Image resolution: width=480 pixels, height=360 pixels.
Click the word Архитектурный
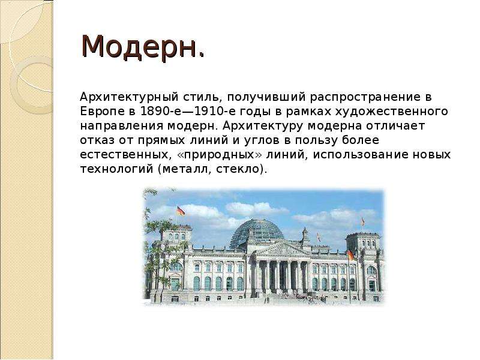[x=129, y=97]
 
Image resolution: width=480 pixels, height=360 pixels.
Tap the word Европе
[x=103, y=111]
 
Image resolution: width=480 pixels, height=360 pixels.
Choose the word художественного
[x=392, y=111]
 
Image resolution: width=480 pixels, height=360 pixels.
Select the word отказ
[x=98, y=140]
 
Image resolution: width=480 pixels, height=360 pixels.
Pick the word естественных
[x=124, y=155]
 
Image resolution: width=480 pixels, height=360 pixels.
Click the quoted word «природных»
[x=220, y=155]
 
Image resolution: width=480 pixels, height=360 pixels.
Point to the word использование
[x=361, y=155]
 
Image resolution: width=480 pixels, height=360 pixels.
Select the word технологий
[x=116, y=169]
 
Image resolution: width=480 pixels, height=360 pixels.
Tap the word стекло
[x=239, y=169]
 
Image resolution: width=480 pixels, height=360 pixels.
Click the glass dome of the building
[x=257, y=233]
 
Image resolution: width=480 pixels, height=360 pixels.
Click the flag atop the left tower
[x=181, y=211]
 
